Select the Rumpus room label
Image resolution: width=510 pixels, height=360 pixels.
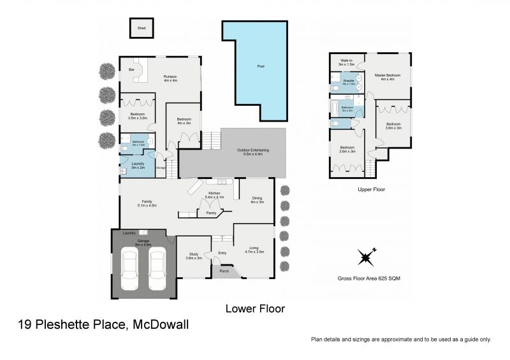[x=170, y=78]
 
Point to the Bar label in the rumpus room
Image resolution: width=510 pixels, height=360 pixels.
[x=131, y=69]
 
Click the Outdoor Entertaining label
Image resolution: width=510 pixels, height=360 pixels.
[x=252, y=152]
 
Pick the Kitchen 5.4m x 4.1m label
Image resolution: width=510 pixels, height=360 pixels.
[x=215, y=195]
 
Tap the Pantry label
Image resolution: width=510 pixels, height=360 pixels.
[x=211, y=213]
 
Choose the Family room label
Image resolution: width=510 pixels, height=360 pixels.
[x=147, y=203]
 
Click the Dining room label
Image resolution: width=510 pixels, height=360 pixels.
[x=257, y=200]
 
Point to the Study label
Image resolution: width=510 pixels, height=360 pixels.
[x=193, y=256]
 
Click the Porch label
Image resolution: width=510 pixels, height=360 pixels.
[x=224, y=271]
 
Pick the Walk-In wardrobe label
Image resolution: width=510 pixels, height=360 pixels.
[x=346, y=62]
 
